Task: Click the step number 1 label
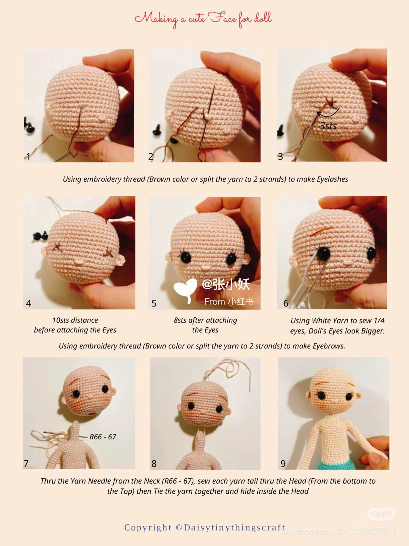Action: pos(28,156)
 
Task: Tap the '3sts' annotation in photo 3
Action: pos(328,126)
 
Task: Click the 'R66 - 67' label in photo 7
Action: pos(103,437)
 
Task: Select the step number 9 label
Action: pos(283,464)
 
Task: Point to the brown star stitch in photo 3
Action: pos(330,102)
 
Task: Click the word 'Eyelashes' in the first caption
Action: pos(332,179)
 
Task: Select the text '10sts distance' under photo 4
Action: pos(75,320)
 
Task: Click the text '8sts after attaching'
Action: pos(205,320)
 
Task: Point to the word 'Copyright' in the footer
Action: pos(148,528)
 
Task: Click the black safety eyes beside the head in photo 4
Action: pos(40,235)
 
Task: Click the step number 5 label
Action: pos(154,303)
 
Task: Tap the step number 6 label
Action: pos(286,303)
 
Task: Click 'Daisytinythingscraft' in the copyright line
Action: pos(234,528)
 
